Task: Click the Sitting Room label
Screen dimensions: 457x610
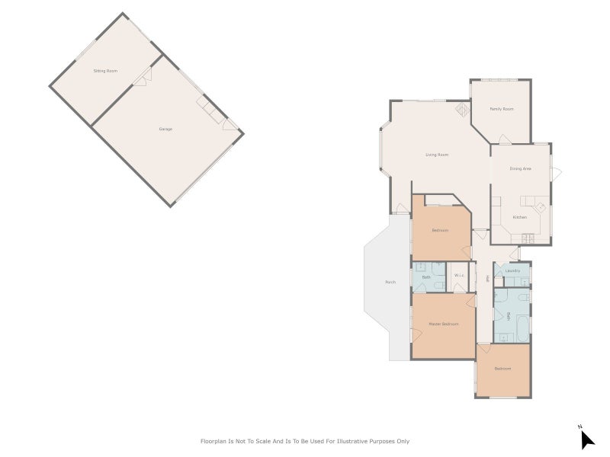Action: tap(105, 71)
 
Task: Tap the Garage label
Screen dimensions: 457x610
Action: tap(165, 129)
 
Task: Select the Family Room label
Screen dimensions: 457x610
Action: tap(501, 109)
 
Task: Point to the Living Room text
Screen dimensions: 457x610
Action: tap(437, 155)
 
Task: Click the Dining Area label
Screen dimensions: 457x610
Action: tap(521, 168)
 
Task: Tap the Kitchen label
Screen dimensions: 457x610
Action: tap(519, 217)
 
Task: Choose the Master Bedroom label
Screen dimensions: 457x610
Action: tap(443, 324)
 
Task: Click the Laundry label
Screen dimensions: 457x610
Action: tap(512, 270)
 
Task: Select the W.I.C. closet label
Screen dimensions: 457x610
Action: tap(460, 276)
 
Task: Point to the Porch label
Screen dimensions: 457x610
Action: tap(390, 283)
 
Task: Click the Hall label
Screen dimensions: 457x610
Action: tap(486, 280)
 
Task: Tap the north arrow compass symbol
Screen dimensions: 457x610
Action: tap(586, 438)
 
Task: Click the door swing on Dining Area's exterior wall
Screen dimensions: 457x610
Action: tap(557, 173)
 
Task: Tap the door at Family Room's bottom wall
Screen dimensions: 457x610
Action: tap(504, 139)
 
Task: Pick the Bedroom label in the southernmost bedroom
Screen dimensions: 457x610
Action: tap(502, 369)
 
